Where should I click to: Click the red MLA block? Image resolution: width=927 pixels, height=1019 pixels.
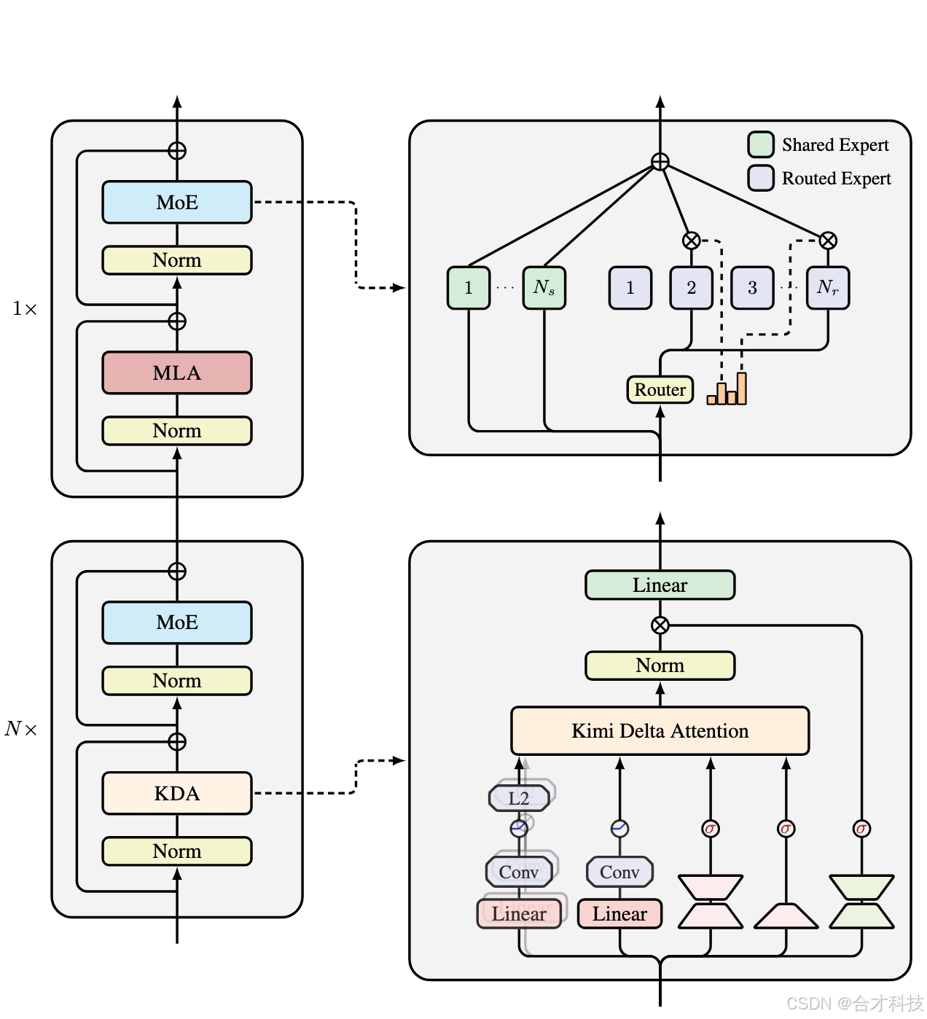pos(177,373)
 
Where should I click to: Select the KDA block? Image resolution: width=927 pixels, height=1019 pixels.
pos(177,793)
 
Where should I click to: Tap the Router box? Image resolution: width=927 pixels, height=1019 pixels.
pos(660,390)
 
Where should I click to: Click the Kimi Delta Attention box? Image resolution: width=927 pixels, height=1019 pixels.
pos(660,730)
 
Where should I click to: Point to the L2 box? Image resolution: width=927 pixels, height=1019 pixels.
pos(519,798)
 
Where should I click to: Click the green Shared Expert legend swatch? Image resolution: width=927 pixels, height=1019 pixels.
pos(761,144)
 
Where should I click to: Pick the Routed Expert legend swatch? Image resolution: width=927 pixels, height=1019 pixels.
pos(761,178)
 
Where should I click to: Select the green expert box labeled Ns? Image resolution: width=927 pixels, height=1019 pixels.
pos(544,288)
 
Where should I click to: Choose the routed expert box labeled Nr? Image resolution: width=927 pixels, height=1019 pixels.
pos(828,288)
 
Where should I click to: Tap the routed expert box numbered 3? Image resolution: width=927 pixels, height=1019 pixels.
pos(752,288)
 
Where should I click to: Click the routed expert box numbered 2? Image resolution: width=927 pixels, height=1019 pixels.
pos(691,288)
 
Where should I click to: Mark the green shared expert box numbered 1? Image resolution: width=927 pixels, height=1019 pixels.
pos(469,288)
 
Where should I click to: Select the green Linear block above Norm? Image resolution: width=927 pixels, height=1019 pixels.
pos(660,585)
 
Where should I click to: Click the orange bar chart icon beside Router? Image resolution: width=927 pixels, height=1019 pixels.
pos(727,390)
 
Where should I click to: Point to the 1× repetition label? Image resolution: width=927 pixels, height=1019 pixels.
pos(25,309)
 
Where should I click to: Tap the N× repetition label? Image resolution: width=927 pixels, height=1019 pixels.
pos(21,729)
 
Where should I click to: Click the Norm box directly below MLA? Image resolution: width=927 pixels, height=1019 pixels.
pos(177,431)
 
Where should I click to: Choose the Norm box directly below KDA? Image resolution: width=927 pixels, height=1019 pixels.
pos(177,851)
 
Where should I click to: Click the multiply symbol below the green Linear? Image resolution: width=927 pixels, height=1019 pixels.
pos(660,625)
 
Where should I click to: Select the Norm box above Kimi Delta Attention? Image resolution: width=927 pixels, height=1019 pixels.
pos(660,665)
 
